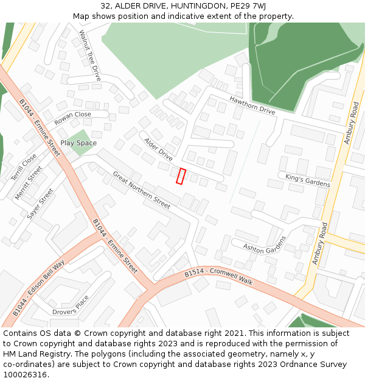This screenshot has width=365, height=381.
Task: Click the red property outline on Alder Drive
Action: pyautogui.click(x=181, y=176)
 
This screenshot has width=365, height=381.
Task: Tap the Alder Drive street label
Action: pyautogui.click(x=158, y=149)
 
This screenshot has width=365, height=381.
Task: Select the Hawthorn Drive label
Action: pyautogui.click(x=252, y=105)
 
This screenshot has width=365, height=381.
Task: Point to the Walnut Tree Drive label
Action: pyautogui.click(x=89, y=55)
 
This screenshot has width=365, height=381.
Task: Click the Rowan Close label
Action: pyautogui.click(x=72, y=118)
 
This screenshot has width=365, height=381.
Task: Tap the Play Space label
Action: pyautogui.click(x=78, y=143)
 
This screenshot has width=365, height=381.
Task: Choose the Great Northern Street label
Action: pyautogui.click(x=141, y=190)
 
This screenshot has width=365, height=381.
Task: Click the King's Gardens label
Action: pyautogui.click(x=308, y=180)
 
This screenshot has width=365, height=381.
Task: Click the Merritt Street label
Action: pyautogui.click(x=28, y=183)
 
